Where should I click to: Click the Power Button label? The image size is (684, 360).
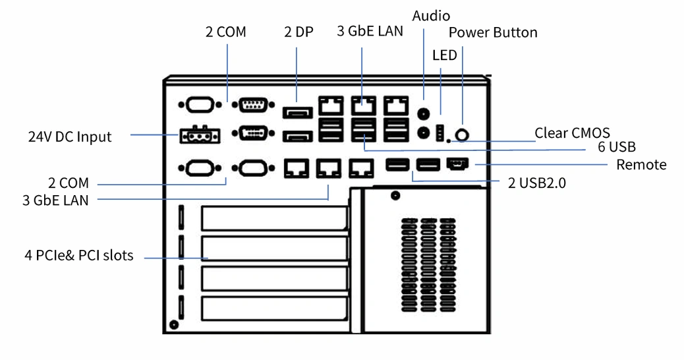pyautogui.click(x=493, y=32)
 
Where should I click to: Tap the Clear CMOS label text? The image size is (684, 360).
pyautogui.click(x=573, y=133)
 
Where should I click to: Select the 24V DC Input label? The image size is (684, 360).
pyautogui.click(x=70, y=136)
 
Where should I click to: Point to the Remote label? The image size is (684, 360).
pyautogui.click(x=641, y=165)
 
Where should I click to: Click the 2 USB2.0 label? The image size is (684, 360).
pyautogui.click(x=537, y=183)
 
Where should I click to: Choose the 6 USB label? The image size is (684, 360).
pyautogui.click(x=616, y=147)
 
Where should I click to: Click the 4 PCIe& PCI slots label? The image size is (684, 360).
pyautogui.click(x=79, y=255)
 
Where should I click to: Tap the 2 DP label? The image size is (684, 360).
pyautogui.click(x=299, y=32)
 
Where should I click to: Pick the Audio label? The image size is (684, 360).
pyautogui.click(x=431, y=16)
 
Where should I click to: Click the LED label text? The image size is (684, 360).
pyautogui.click(x=445, y=55)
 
